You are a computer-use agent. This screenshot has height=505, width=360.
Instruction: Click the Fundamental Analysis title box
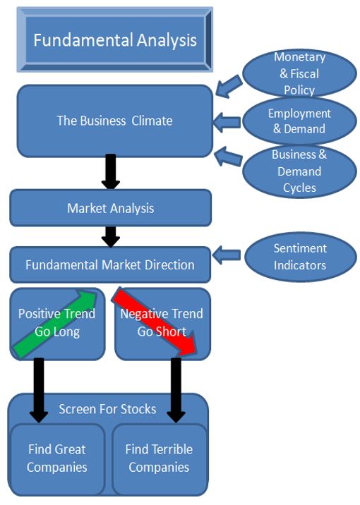pyautogui.click(x=114, y=39)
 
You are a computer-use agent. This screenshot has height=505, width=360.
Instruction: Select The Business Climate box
pyautogui.click(x=114, y=121)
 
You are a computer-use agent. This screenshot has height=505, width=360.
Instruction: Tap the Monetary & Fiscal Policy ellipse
pyautogui.click(x=299, y=73)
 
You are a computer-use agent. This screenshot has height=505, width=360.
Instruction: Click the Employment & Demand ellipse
pyautogui.click(x=299, y=121)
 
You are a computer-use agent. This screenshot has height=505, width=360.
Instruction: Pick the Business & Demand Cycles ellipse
pyautogui.click(x=299, y=171)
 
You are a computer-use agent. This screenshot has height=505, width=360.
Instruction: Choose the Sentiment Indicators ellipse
pyautogui.click(x=299, y=257)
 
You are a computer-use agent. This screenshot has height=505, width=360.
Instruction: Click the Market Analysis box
pyautogui.click(x=110, y=208)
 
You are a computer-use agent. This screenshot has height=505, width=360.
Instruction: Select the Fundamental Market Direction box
pyautogui.click(x=110, y=265)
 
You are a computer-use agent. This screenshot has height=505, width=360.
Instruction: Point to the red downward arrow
pyautogui.click(x=157, y=321)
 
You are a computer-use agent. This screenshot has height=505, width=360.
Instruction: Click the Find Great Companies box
pyautogui.click(x=58, y=458)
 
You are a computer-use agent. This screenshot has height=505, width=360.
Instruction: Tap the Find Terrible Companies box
pyautogui.click(x=159, y=458)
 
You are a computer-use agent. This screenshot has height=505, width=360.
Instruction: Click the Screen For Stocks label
pyautogui.click(x=107, y=409)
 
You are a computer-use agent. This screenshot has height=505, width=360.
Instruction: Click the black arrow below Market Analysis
pyautogui.click(x=110, y=236)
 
